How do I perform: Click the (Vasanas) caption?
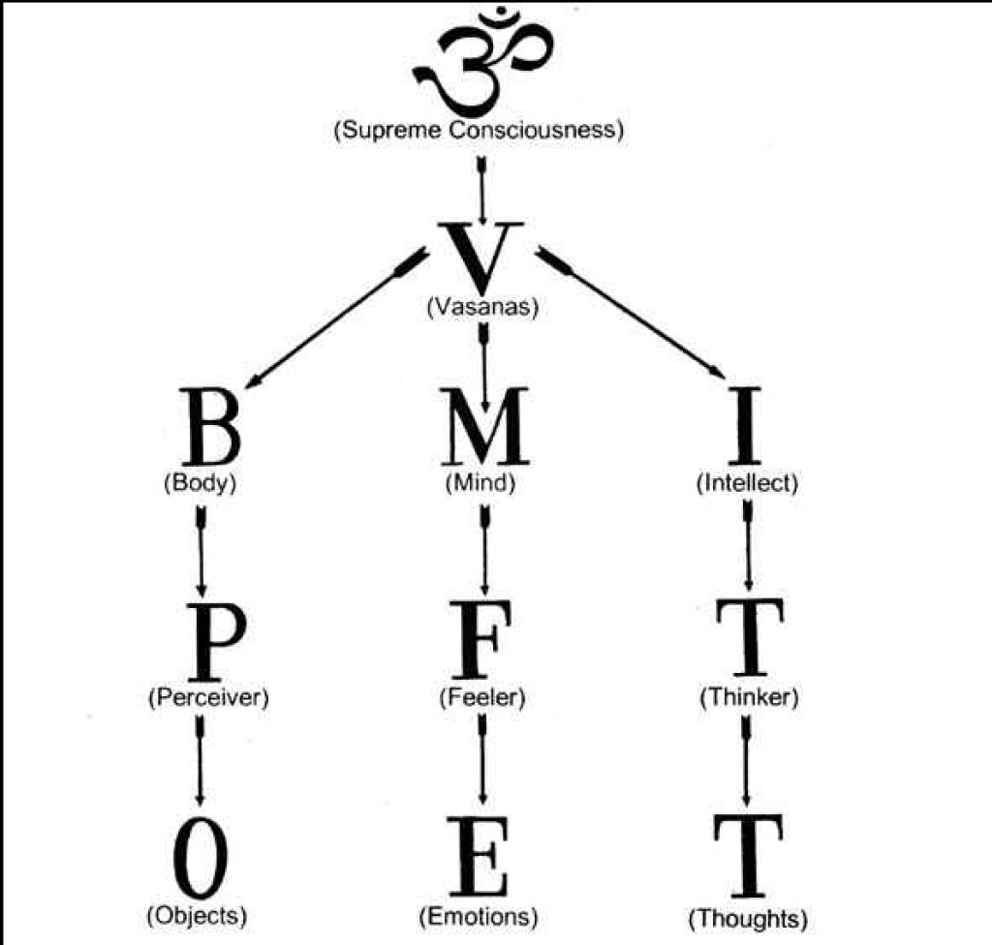coord(481,308)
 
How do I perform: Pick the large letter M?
coord(484,428)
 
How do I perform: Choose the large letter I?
coord(745,428)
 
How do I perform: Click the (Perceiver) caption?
coord(206,697)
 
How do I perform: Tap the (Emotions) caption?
coord(479,915)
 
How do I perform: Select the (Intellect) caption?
coord(747,483)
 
